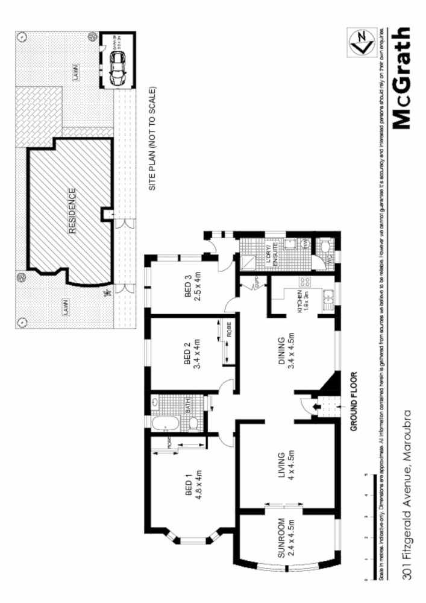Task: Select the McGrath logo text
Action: coord(403,78)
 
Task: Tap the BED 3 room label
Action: coord(192,286)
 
